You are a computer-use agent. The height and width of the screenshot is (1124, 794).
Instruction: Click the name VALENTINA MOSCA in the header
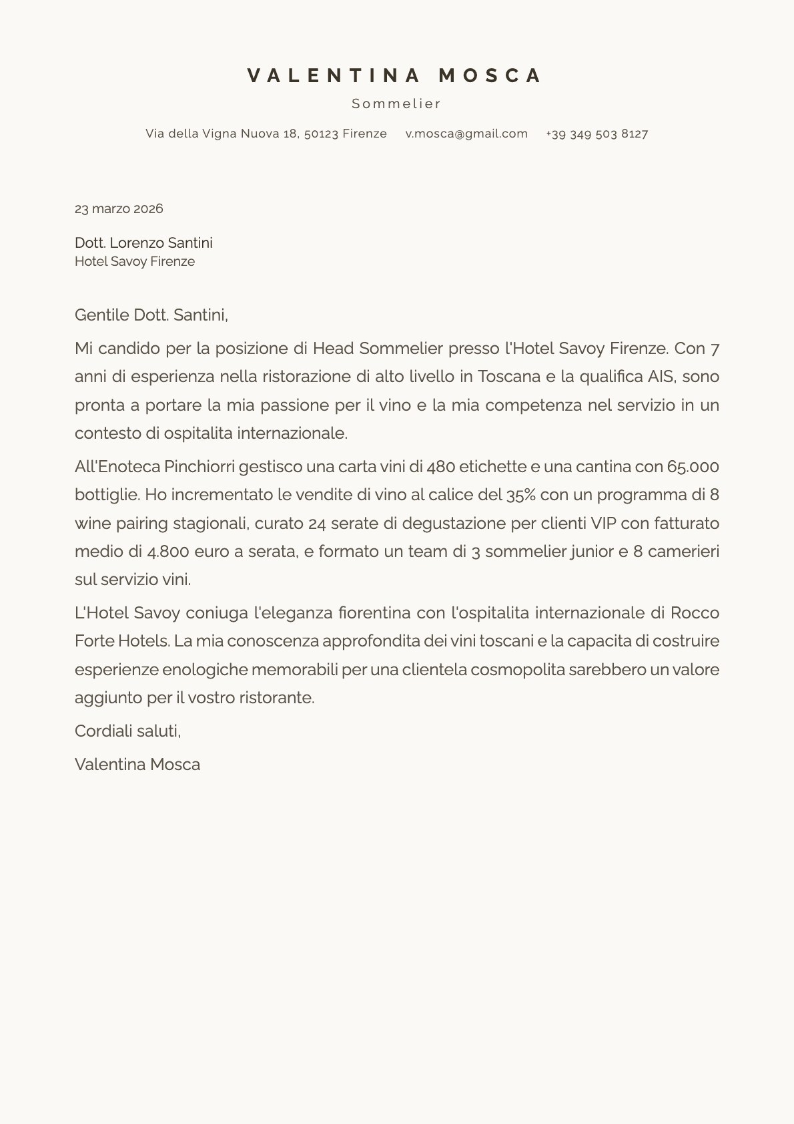click(x=396, y=75)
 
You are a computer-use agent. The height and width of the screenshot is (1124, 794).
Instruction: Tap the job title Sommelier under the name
click(x=396, y=104)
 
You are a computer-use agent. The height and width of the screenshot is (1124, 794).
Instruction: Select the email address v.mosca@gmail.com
click(x=466, y=134)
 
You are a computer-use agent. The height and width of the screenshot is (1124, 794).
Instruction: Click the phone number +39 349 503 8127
click(x=597, y=134)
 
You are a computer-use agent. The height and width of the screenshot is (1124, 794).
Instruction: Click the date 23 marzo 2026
click(x=119, y=208)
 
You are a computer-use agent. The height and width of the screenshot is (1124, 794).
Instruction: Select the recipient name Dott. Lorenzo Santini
click(x=143, y=242)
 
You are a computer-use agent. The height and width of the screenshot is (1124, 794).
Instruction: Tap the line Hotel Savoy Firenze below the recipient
click(x=135, y=261)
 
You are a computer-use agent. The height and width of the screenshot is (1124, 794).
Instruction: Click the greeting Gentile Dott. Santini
click(x=151, y=315)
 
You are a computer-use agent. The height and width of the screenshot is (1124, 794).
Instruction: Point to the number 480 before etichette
click(x=440, y=466)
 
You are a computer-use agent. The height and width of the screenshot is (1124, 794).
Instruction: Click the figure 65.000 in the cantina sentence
click(x=693, y=466)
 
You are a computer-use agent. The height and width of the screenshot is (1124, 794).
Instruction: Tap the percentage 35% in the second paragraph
click(x=520, y=495)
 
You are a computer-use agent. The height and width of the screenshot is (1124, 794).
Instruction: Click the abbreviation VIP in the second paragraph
click(x=604, y=523)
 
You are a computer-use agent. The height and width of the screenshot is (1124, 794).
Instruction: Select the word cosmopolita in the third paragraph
click(x=518, y=669)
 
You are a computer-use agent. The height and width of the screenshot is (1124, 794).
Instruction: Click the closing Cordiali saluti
click(x=127, y=731)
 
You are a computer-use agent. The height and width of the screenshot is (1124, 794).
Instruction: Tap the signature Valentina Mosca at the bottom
click(x=137, y=764)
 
